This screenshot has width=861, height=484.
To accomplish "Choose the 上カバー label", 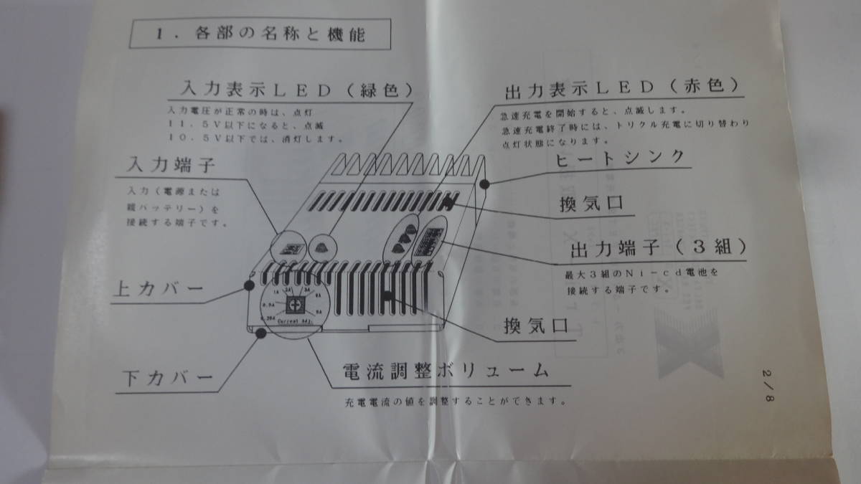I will click(x=159, y=290).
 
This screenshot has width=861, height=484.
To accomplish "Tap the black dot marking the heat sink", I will click(x=485, y=184).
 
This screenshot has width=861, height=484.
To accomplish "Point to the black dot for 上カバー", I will click(x=249, y=285).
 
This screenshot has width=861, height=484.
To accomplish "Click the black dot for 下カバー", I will click(x=257, y=329).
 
